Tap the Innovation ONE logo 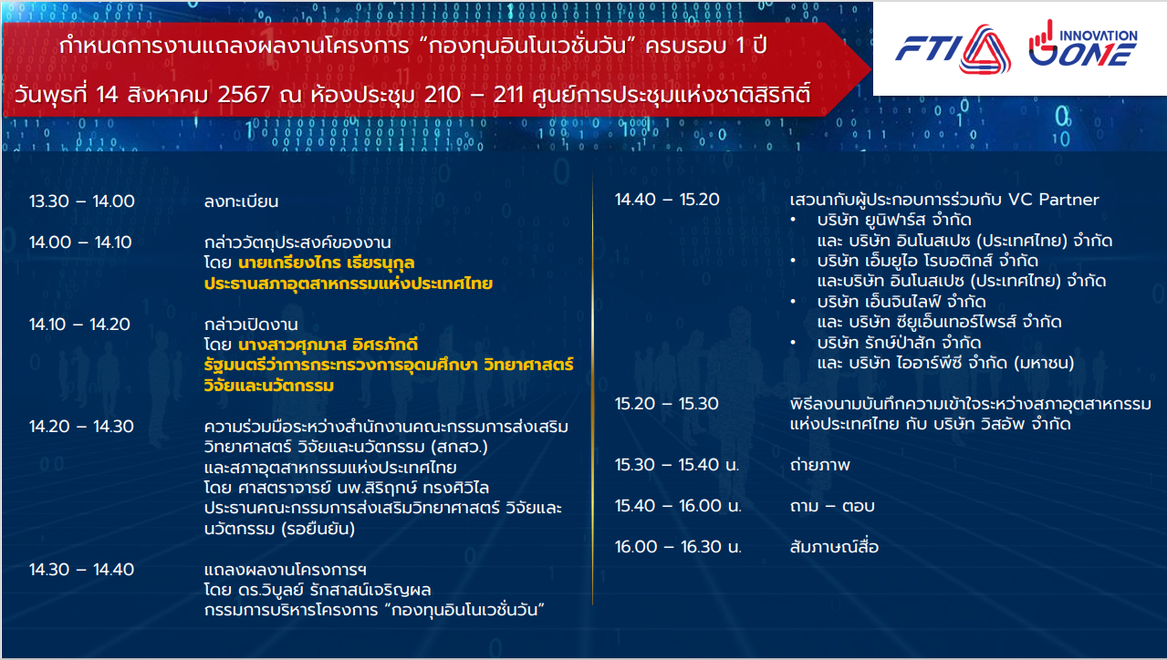tap(1083, 44)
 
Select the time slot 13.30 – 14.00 tap(82, 201)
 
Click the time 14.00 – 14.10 tap(81, 242)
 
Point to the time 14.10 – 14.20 tap(79, 325)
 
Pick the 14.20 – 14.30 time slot tap(82, 427)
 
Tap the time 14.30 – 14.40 tap(82, 570)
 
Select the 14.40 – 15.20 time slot tap(667, 200)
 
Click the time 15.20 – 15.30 tap(667, 404)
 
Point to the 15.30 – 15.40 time tap(677, 464)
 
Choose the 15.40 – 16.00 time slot tap(678, 505)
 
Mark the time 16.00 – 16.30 tap(678, 547)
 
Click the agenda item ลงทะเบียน tap(241, 201)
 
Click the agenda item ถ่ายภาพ tap(820, 464)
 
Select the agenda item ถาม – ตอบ tap(832, 505)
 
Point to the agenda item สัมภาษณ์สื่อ tap(834, 547)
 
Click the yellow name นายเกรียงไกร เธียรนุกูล tap(326, 263)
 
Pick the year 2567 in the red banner tap(244, 95)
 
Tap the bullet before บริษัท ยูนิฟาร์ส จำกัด tap(793, 220)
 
